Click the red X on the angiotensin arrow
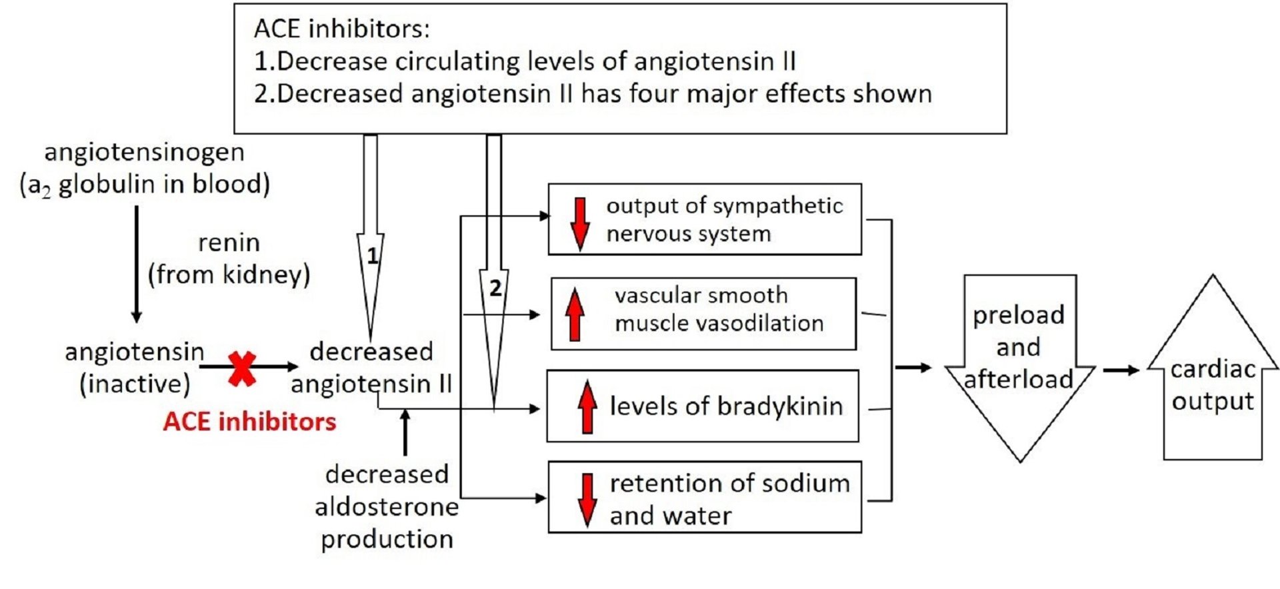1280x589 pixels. point(242,368)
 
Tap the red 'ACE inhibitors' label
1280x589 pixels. point(249,422)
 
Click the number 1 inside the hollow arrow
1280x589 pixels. point(372,256)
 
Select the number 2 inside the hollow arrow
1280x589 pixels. point(495,288)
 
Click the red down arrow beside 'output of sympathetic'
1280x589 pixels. point(580,224)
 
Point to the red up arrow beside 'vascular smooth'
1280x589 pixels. point(575,314)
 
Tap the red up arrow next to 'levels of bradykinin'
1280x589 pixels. point(587,406)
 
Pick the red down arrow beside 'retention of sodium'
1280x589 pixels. point(587,500)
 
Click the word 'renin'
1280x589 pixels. point(229,243)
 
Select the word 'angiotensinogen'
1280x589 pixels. point(144,152)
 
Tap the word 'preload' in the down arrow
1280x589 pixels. point(1018,315)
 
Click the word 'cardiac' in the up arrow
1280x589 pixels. point(1213,368)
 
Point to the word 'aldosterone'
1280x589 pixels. point(387,507)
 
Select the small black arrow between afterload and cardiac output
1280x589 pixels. point(1121,370)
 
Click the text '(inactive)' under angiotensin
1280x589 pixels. point(135,384)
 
